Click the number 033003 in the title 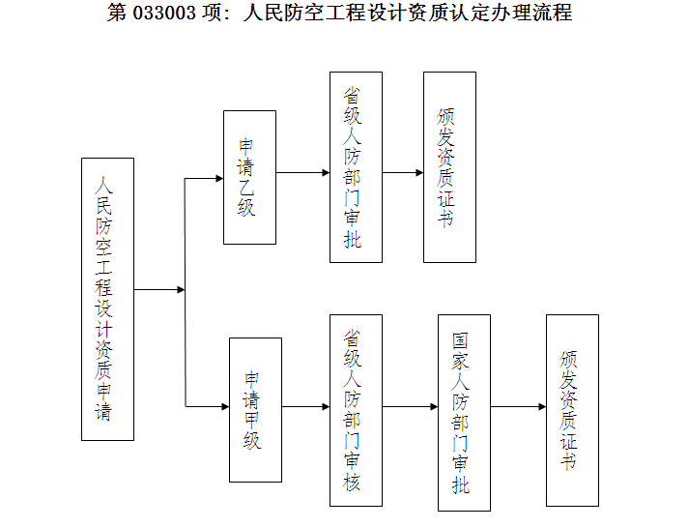[x=164, y=13]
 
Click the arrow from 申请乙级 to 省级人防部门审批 [x=302, y=173]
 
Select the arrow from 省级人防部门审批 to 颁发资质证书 [x=403, y=173]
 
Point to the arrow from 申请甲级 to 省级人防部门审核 [x=305, y=407]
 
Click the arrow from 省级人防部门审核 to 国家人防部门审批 [x=411, y=407]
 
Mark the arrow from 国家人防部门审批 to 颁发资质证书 [x=518, y=407]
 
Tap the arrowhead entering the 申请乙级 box [x=219, y=178]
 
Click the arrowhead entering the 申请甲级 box [x=225, y=407]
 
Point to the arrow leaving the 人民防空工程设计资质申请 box [x=159, y=289]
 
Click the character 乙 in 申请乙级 [x=245, y=188]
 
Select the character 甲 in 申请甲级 [x=252, y=421]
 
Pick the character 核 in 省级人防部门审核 [x=352, y=482]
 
